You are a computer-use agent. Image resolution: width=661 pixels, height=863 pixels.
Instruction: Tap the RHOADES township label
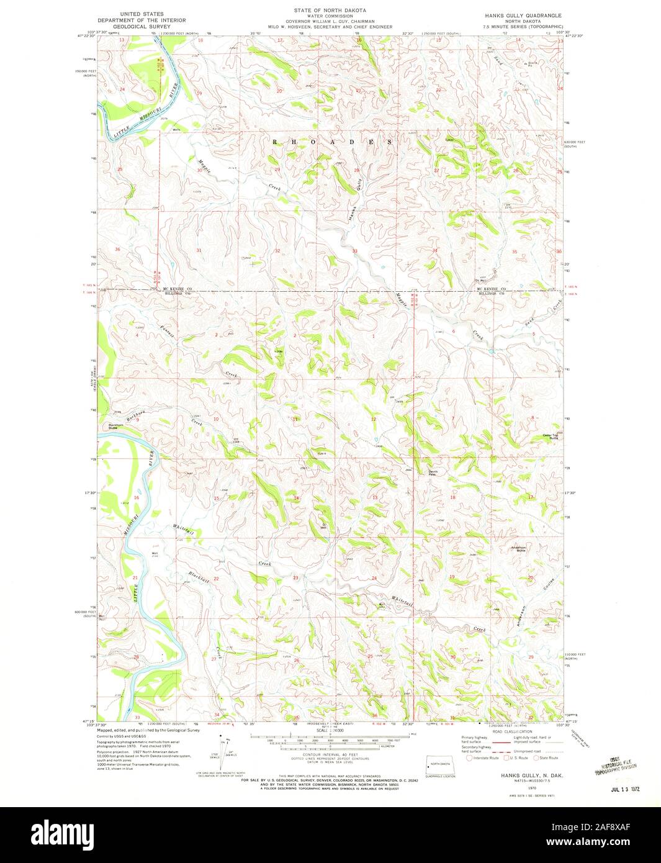tap(333, 142)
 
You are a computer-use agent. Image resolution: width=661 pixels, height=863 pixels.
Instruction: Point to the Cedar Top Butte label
tap(551, 436)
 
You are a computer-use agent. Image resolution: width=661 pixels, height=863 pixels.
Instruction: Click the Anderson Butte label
tap(518, 548)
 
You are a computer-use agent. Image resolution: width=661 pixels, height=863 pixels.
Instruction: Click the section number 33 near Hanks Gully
tap(355, 251)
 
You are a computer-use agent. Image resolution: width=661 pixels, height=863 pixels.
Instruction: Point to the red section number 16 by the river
tap(136, 499)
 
